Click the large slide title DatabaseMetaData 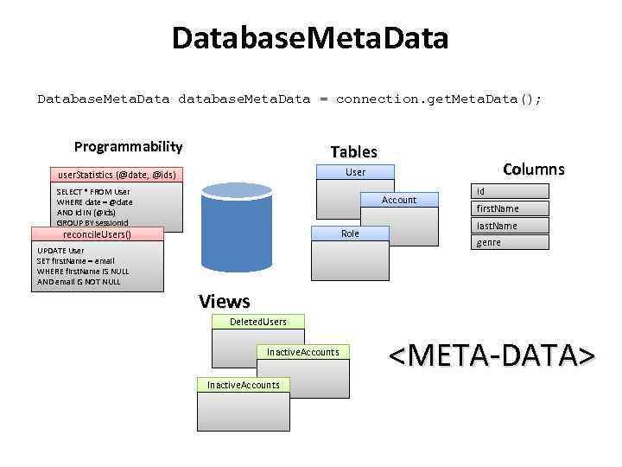point(310,39)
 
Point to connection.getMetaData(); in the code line point(439,99)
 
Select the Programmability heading point(128,146)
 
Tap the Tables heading point(353,151)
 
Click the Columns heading point(533,170)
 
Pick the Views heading point(224,301)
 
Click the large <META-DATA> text point(491,355)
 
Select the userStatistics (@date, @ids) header point(116,175)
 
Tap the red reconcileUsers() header point(98,233)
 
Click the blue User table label point(355,172)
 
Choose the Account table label point(399,200)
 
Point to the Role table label point(350,233)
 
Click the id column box point(510,191)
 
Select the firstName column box point(510,208)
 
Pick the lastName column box point(510,226)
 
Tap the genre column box point(510,243)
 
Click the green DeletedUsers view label point(257,322)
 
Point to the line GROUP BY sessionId point(92,222)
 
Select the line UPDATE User point(61,251)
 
